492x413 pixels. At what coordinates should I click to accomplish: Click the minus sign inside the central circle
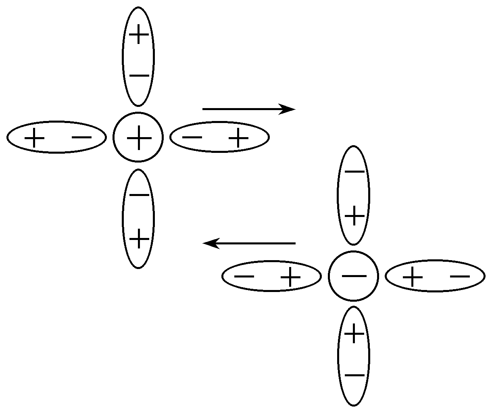354,276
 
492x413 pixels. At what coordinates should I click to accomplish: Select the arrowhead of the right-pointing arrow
288,109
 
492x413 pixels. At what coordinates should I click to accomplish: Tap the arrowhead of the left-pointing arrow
211,243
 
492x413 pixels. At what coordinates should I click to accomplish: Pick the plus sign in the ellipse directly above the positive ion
139,35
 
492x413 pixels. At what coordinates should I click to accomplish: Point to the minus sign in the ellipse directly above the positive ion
139,76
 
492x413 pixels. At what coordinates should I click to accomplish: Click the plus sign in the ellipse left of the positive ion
35,138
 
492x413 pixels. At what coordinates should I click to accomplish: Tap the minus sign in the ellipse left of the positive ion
82,137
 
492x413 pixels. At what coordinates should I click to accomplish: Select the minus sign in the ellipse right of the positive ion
192,137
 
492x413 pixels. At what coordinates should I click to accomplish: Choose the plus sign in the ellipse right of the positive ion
239,138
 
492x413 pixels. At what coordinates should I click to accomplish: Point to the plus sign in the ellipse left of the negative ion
291,277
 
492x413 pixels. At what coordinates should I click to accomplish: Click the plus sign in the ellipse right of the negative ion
413,277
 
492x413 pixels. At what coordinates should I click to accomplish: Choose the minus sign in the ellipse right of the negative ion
460,276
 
